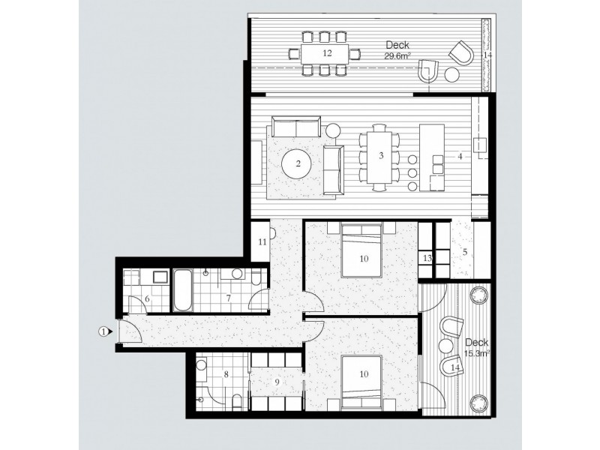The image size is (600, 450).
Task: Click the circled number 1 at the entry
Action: tap(103, 330)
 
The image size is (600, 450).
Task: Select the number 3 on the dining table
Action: tap(381, 156)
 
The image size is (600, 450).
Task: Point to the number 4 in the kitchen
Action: tap(460, 156)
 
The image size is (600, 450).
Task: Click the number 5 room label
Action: tap(465, 251)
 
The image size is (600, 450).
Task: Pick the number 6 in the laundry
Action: tap(146, 299)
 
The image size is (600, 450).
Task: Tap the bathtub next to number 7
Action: tap(183, 291)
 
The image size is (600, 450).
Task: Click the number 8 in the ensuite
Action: tap(226, 373)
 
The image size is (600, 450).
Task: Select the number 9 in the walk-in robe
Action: tap(277, 382)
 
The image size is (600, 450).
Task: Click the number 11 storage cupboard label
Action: tap(262, 241)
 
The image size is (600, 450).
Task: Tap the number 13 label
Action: tap(427, 258)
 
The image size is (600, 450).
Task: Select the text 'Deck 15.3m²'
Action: tap(477, 346)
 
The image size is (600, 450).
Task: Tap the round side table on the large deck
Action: tap(452, 74)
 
